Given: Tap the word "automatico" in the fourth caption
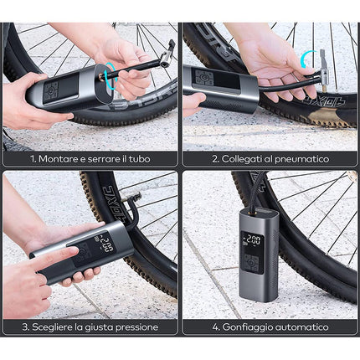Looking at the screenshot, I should [x=305, y=327].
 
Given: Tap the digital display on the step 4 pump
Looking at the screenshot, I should [x=251, y=241].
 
